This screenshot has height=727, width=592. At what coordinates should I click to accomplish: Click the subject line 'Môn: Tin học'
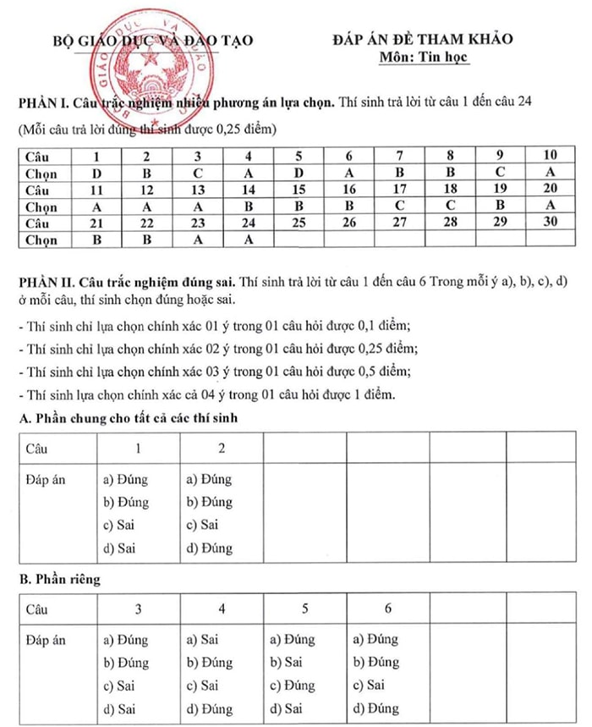point(424,57)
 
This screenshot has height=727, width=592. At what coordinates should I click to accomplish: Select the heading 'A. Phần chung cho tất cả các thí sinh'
point(130,417)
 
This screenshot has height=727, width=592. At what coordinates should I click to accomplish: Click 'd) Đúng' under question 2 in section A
point(209,548)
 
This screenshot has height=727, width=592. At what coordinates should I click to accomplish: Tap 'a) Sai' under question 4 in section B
point(202,640)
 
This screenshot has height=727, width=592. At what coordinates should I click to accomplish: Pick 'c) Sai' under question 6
point(369,686)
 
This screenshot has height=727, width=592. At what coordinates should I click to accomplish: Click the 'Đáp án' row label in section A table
point(47,479)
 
